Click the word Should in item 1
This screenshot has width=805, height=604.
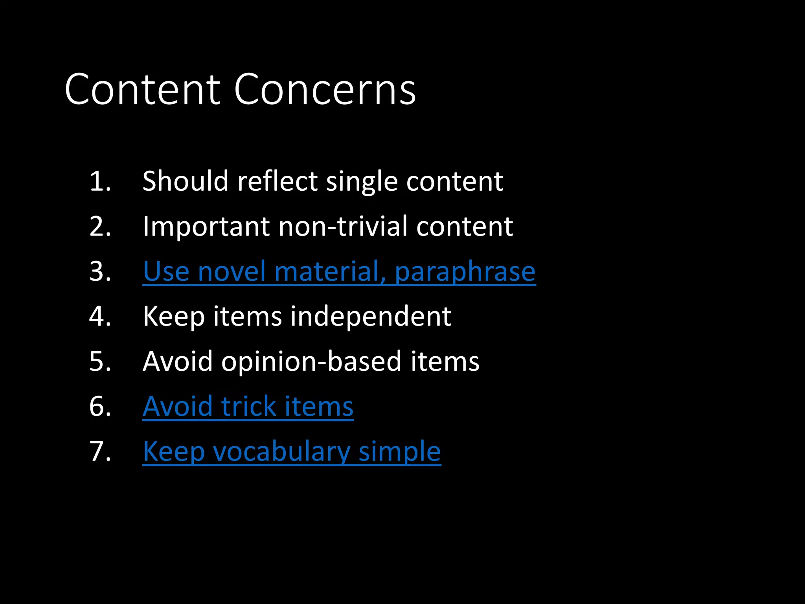(x=185, y=181)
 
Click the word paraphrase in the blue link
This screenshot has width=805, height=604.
(x=465, y=272)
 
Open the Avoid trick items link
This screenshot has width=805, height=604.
(x=248, y=406)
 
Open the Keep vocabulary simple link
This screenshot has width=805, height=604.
(x=292, y=451)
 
